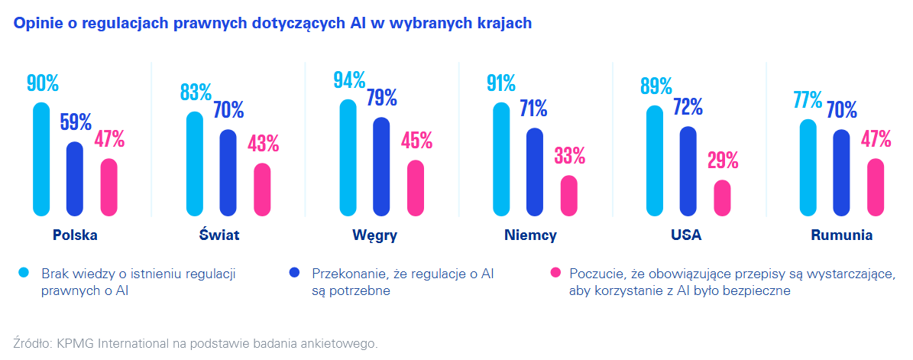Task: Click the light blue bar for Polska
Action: [41, 159]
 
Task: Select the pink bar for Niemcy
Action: [569, 196]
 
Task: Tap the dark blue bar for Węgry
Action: [381, 167]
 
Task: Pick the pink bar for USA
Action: [722, 198]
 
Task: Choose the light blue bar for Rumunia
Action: [808, 167]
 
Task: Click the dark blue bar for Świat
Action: [228, 173]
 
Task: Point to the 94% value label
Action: [349, 79]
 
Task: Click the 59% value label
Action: [75, 122]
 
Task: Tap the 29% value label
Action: [722, 161]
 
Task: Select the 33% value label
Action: [569, 156]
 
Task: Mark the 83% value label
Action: [196, 92]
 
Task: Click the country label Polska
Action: [75, 235]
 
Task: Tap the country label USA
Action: [686, 235]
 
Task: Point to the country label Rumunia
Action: [841, 235]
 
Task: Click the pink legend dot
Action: [555, 273]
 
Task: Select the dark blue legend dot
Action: [295, 273]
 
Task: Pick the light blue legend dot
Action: [24, 273]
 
